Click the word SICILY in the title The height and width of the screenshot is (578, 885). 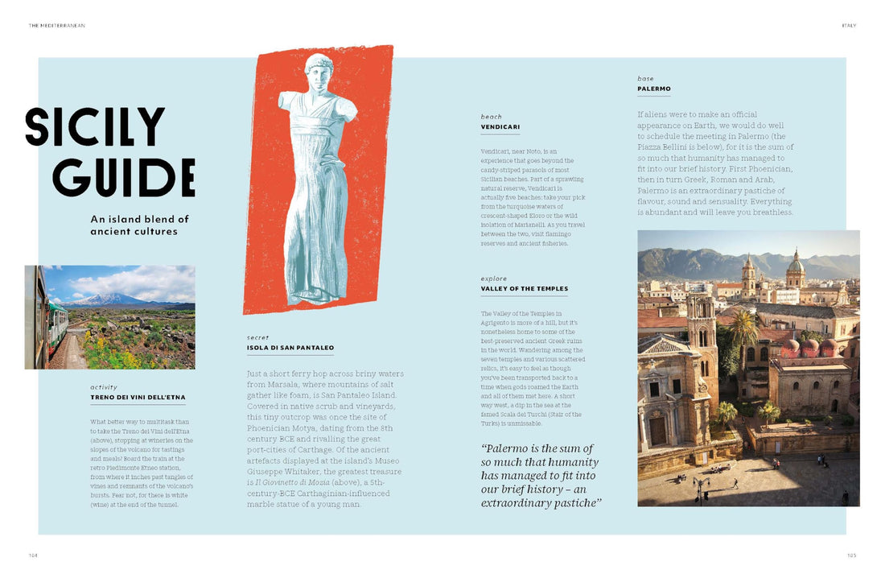click(x=95, y=127)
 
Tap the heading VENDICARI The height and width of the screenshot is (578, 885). click(x=500, y=126)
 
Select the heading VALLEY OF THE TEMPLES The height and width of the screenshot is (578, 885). click(x=525, y=288)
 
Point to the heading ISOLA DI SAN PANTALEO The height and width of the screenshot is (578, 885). click(x=290, y=348)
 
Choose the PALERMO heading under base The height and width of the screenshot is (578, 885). click(x=654, y=89)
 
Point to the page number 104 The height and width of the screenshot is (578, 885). click(x=33, y=555)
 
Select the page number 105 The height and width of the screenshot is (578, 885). click(x=851, y=555)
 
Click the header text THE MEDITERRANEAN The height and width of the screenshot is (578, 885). click(x=57, y=25)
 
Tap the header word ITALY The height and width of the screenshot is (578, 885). click(x=849, y=25)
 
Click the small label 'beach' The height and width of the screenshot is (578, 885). click(x=491, y=117)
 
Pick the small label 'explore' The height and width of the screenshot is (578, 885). click(x=494, y=279)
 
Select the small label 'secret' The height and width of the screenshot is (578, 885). click(x=258, y=338)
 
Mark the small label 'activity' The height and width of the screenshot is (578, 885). click(x=104, y=387)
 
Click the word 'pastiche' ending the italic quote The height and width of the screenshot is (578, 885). click(x=575, y=503)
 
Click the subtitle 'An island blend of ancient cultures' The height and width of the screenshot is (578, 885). click(x=139, y=225)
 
